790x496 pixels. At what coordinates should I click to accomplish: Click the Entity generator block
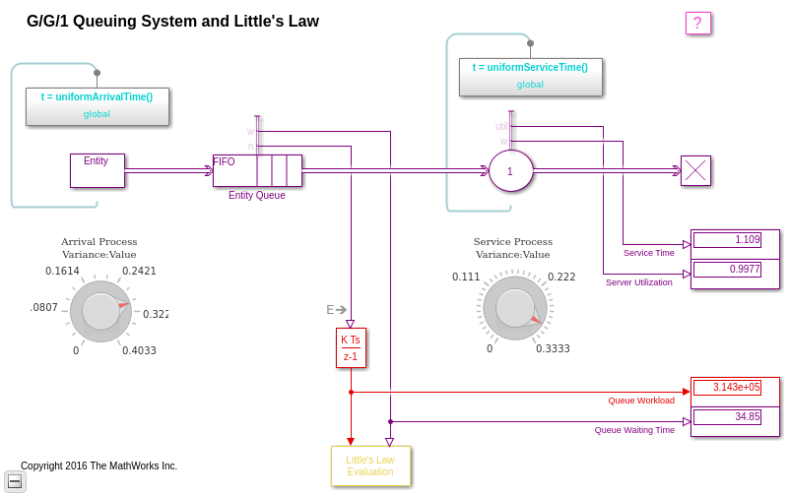point(97,170)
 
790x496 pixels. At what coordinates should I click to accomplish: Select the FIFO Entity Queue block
point(257,170)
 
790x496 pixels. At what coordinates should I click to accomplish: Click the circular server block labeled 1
point(510,171)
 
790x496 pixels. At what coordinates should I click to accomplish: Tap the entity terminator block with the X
point(695,170)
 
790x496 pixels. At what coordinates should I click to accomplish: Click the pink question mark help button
point(697,24)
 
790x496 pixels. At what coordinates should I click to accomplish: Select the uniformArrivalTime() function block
point(98,106)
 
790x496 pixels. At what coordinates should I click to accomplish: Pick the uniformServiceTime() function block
point(530,77)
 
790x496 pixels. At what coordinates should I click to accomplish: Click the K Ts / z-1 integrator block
point(351,347)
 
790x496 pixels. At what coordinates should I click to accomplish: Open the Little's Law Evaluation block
point(370,465)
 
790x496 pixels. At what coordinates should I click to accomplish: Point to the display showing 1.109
point(727,240)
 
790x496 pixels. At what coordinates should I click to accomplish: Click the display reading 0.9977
point(727,270)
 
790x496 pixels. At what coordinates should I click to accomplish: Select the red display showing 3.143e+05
point(727,388)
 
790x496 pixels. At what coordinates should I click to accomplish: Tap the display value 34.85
point(727,417)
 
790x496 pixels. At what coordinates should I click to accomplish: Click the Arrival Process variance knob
point(100,311)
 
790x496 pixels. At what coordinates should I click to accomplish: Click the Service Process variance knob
point(515,307)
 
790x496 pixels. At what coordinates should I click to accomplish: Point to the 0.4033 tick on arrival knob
point(139,350)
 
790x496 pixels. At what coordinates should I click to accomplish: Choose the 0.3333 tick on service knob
point(553,348)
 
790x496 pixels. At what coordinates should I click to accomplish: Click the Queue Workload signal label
point(641,401)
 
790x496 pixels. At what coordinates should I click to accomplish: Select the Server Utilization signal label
point(638,282)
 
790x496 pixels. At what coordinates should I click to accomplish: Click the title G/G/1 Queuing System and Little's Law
point(172,22)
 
